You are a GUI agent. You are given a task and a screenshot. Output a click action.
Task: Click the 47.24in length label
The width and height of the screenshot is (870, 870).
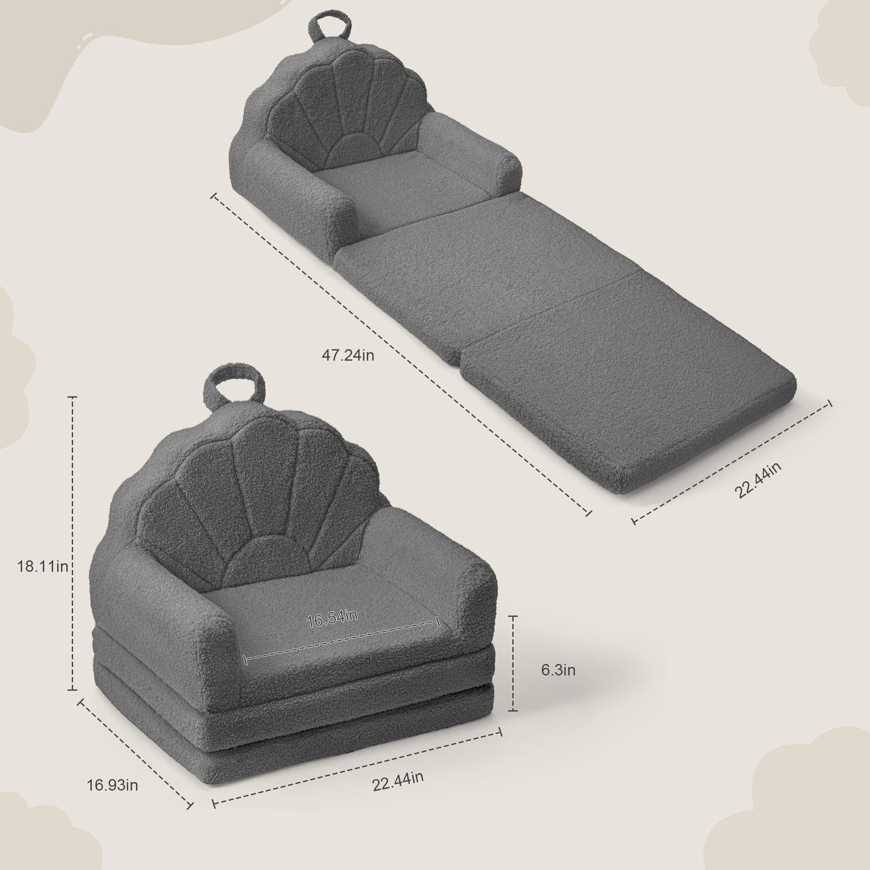[348, 356]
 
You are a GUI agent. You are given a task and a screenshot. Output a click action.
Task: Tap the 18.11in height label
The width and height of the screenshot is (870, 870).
[42, 566]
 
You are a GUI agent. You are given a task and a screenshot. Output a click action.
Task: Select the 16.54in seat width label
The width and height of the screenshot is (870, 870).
[332, 618]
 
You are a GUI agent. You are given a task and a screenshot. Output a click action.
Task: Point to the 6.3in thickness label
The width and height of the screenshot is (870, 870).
[558, 670]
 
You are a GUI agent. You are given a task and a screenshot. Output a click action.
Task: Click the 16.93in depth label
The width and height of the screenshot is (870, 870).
[113, 785]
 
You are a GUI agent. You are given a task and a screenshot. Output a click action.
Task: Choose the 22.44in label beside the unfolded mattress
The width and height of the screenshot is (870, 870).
[758, 480]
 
